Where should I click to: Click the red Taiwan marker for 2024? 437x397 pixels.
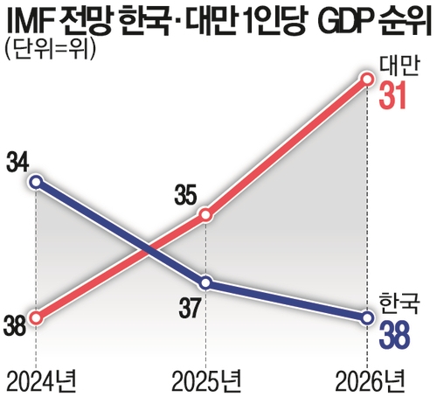tap(35, 317)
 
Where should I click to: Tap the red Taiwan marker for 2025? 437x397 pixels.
tap(205, 214)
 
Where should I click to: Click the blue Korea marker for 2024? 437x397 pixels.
tap(35, 182)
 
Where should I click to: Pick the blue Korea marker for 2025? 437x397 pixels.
tap(205, 282)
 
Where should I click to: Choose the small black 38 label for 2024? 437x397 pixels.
tap(14, 327)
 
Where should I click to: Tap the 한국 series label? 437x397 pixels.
tap(401, 303)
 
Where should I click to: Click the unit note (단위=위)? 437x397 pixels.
tap(48, 49)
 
